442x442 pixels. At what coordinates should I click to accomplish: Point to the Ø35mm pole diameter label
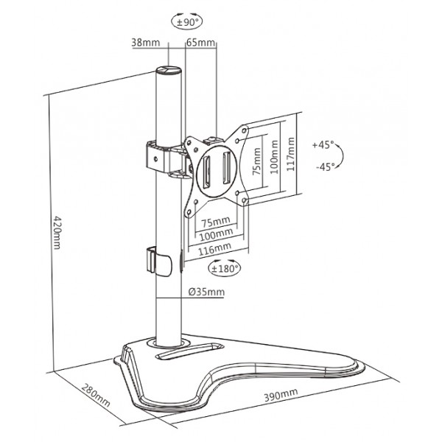(206, 292)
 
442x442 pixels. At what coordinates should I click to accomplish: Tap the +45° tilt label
(323, 144)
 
